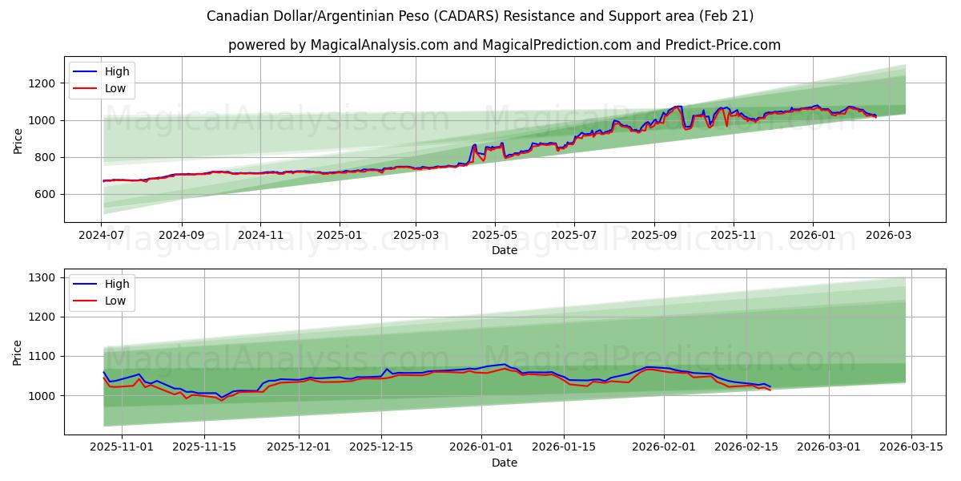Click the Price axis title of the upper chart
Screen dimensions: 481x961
(x=18, y=141)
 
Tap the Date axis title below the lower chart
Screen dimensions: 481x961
(x=505, y=463)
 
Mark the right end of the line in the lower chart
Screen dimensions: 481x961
(x=770, y=389)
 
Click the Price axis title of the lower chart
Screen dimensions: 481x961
(x=18, y=353)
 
